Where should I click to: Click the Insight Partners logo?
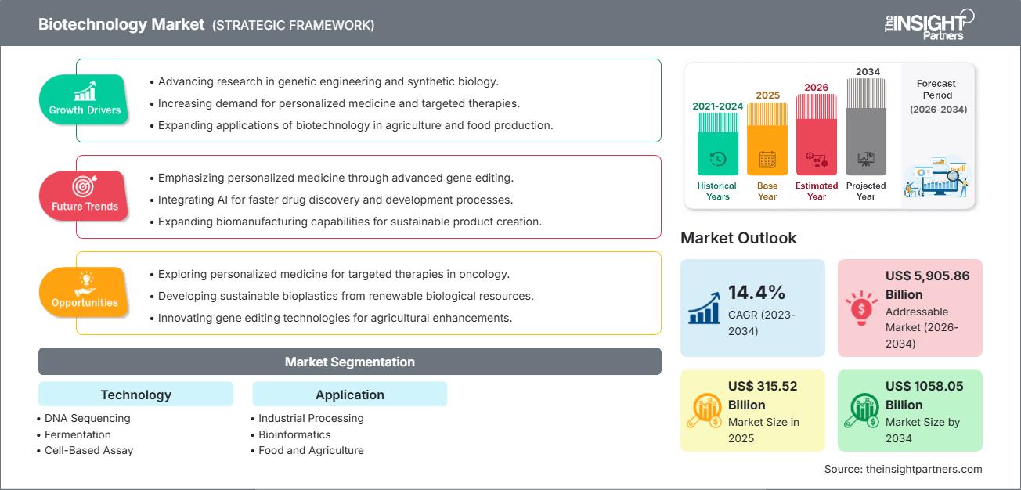929,23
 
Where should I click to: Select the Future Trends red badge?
85,196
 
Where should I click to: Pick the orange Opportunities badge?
85,292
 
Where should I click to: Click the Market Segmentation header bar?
349,362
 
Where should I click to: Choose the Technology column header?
135,395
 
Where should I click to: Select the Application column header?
349,395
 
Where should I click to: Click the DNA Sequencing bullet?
87,418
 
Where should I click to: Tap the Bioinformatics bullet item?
294,434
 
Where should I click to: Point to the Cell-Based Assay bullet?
88,450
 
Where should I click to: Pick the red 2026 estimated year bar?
817,134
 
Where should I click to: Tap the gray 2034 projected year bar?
866,126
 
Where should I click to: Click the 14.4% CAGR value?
756,293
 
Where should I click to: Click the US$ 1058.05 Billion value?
924,395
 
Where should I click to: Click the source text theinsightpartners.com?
903,469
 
